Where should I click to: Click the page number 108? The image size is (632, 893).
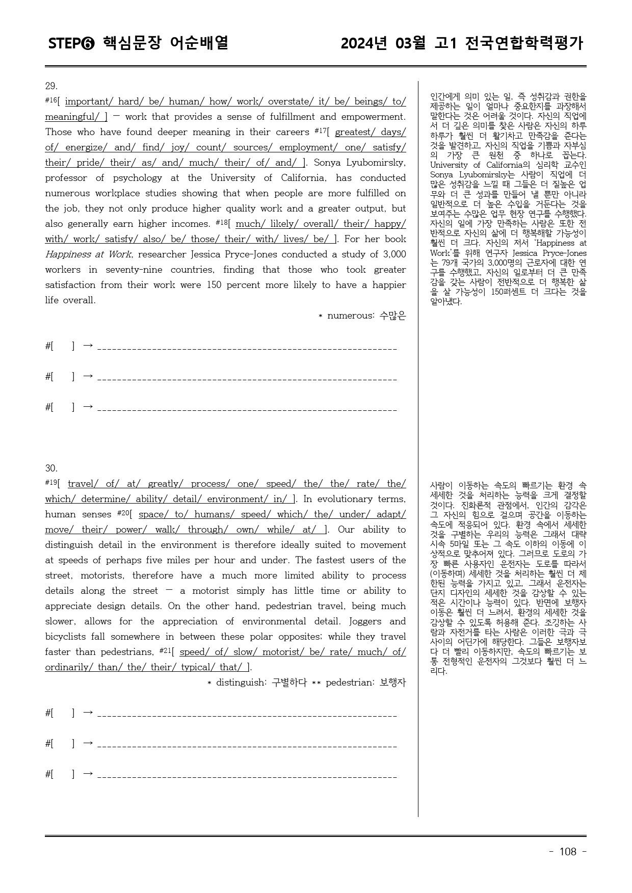(x=568, y=852)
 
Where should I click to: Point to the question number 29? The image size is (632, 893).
(x=51, y=86)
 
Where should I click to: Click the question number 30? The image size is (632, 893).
(x=51, y=468)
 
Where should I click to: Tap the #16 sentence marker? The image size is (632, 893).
(x=51, y=100)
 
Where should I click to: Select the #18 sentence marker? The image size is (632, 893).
(x=222, y=223)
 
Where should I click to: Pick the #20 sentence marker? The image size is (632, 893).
(x=124, y=513)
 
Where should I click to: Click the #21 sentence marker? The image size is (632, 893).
(x=166, y=651)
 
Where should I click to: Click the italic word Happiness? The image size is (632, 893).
(x=68, y=254)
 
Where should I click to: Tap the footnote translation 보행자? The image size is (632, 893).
(x=393, y=682)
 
